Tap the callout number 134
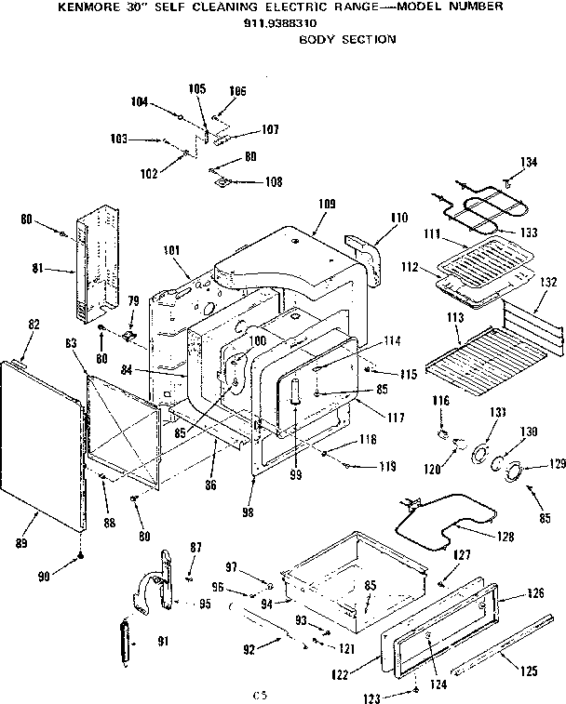tap(528, 164)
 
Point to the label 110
tap(399, 218)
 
